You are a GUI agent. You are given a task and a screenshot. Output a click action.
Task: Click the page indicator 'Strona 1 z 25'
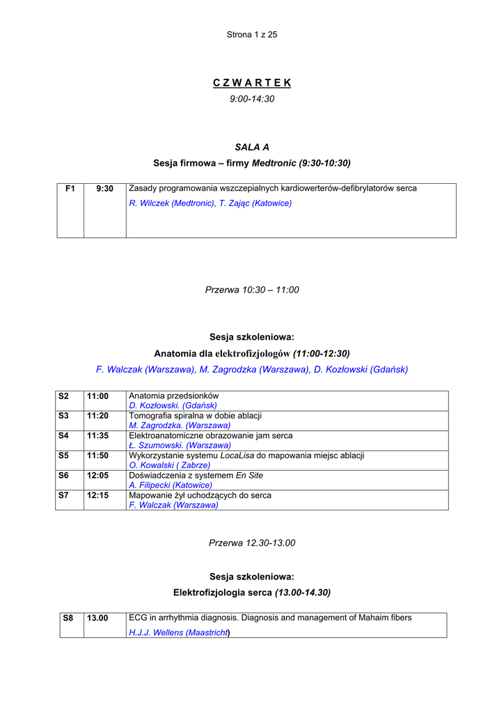(252, 35)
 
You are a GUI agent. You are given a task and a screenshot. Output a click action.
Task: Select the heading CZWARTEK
(252, 83)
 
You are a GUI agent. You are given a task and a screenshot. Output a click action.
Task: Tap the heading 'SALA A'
(252, 147)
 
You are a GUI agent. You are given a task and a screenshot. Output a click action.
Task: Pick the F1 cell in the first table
(70, 189)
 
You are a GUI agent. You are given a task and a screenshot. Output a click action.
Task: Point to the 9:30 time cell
(105, 189)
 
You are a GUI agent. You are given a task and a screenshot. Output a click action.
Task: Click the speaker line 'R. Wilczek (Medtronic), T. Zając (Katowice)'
(210, 203)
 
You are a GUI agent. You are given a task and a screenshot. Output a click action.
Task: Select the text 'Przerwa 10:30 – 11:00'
(252, 290)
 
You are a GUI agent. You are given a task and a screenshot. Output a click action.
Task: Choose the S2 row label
(64, 396)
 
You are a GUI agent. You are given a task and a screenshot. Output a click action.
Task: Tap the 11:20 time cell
(97, 416)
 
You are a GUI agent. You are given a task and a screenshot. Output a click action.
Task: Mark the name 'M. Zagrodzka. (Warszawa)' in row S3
(180, 425)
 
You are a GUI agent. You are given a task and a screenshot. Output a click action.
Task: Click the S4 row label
(64, 436)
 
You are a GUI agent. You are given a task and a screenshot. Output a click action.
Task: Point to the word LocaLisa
(238, 455)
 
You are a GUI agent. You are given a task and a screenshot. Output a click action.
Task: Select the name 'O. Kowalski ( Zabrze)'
(170, 464)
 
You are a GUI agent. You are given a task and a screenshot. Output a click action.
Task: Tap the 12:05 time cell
(97, 476)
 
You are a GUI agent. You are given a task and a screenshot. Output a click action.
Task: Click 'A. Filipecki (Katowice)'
(171, 485)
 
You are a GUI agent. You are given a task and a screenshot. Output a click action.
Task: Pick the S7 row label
(64, 495)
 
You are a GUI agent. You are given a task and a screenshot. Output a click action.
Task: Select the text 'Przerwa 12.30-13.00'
(252, 543)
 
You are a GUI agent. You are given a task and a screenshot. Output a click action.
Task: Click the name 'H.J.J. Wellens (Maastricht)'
(180, 633)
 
